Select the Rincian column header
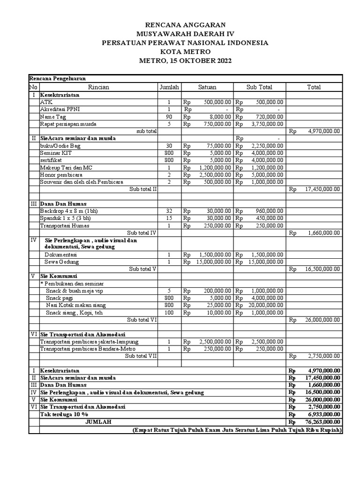coord(98,87)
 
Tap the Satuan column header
coord(207,87)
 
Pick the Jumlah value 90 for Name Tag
coord(169,117)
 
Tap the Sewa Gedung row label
coord(61,262)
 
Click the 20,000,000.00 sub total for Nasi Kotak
coord(265,305)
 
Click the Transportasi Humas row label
coord(63,225)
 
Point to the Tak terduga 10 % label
coord(64,414)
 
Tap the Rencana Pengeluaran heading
coord(57,79)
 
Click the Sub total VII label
coord(141,356)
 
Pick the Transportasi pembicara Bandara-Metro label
coord(82,349)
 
